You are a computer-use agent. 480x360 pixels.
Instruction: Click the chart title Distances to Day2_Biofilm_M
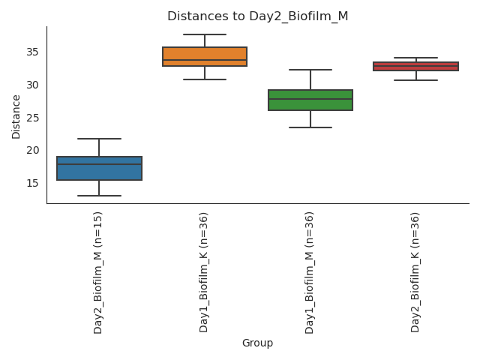tap(257, 16)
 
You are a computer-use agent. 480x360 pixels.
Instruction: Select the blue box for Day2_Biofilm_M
tap(99, 169)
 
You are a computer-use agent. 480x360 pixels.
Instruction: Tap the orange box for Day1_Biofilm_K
tap(205, 56)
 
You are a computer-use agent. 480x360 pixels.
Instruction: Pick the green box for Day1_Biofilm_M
tap(310, 100)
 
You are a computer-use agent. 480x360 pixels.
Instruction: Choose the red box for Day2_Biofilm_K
tap(415, 66)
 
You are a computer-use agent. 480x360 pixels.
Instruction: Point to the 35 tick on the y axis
tap(34, 52)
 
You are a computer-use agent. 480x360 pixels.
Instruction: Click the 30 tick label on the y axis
tap(34, 85)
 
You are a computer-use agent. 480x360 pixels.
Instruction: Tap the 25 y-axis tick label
tap(34, 118)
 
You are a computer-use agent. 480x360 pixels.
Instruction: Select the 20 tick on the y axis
tap(34, 150)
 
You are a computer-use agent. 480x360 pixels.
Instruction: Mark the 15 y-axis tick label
tap(34, 183)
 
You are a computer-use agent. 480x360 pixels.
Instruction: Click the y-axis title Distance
tap(16, 116)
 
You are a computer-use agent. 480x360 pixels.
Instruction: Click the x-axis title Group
tap(257, 343)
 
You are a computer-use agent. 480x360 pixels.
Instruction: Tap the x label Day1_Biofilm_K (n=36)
tap(204, 271)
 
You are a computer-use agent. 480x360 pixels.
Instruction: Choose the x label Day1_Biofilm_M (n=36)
tap(310, 271)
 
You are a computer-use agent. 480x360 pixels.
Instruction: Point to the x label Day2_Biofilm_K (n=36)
tap(415, 271)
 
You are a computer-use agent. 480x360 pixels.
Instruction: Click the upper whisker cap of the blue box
tap(99, 139)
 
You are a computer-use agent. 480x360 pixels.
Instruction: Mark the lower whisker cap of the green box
tap(310, 127)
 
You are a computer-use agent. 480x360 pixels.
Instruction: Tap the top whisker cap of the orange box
tap(205, 34)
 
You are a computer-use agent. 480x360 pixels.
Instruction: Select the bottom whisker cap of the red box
tap(415, 80)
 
